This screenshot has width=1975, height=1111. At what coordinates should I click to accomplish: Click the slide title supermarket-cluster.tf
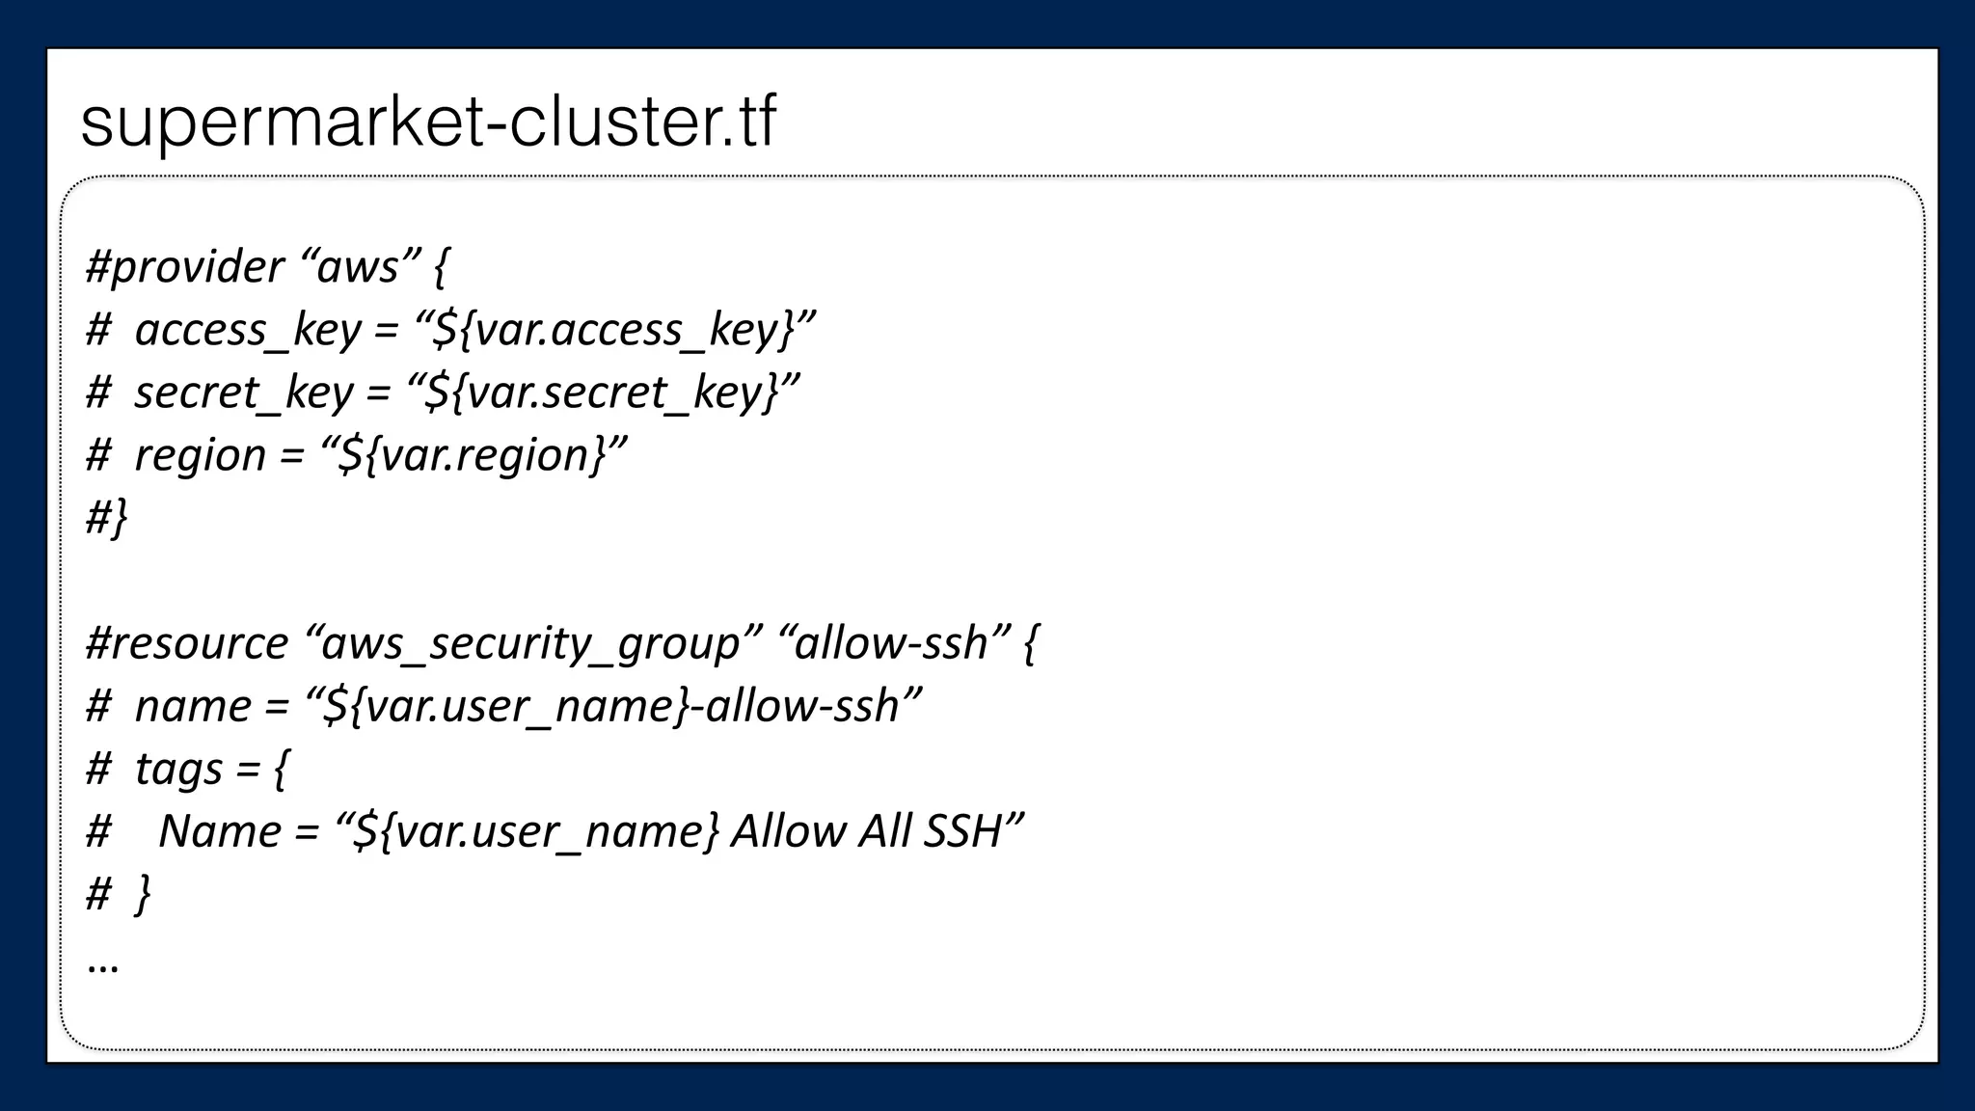[x=428, y=122]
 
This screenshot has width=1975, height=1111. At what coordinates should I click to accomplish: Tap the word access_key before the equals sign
[x=248, y=330]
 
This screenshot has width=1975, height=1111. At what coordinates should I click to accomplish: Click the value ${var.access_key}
[x=614, y=330]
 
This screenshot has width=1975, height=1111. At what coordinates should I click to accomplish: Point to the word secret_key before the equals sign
[x=244, y=393]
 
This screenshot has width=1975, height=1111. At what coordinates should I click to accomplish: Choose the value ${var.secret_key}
[x=603, y=393]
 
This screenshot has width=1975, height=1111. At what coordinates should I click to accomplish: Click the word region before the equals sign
[x=200, y=455]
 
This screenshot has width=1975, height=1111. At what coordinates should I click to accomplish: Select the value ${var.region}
[x=473, y=455]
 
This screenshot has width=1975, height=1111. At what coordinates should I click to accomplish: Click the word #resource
[x=187, y=643]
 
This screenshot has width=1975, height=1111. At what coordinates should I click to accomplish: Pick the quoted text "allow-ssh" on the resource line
[x=892, y=643]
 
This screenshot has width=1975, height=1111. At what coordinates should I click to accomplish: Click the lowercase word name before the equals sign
[x=193, y=706]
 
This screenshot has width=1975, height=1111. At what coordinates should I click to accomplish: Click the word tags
[x=178, y=770]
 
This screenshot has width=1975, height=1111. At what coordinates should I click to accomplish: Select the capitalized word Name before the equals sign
[x=219, y=831]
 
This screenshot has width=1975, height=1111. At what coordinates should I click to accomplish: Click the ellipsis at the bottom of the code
[x=102, y=965]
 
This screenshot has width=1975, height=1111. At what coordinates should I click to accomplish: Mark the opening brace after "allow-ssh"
[x=1030, y=643]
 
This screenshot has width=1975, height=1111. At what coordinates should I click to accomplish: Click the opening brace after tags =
[x=280, y=770]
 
